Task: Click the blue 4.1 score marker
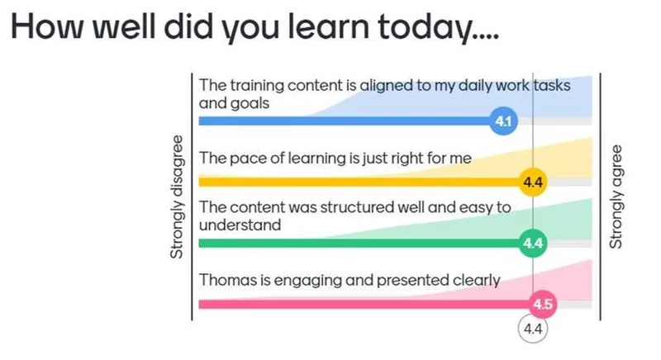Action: tap(503, 121)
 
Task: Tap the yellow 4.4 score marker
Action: tap(533, 182)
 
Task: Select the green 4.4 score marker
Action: tap(533, 243)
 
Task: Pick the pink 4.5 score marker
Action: tap(543, 304)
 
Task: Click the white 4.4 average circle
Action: tap(533, 329)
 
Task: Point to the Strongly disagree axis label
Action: tap(177, 197)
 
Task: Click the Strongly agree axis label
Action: tap(616, 197)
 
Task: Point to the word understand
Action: tap(240, 225)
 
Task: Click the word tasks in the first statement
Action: tap(552, 86)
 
